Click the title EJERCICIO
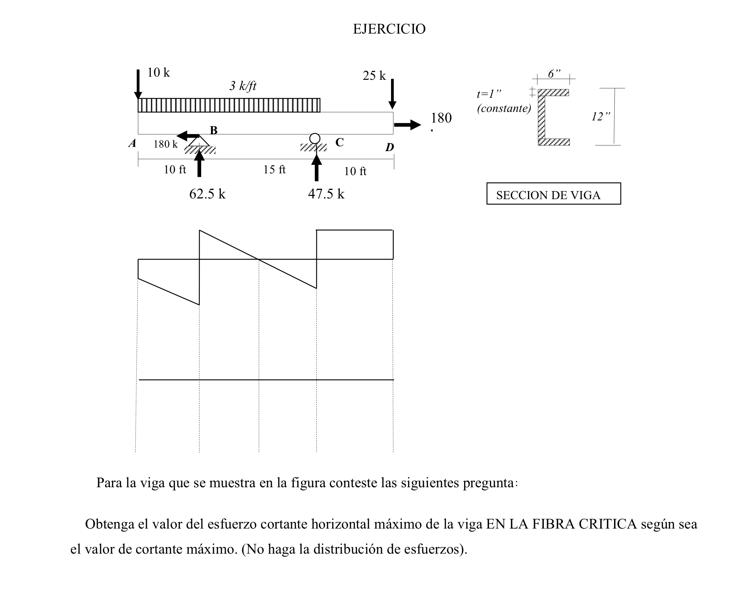click(x=389, y=29)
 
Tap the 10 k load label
click(x=158, y=73)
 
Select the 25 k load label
click(x=374, y=76)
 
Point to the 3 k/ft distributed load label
click(x=243, y=86)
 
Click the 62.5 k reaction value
click(x=207, y=194)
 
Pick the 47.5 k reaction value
click(x=326, y=194)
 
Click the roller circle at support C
click(x=315, y=138)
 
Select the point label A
click(x=132, y=143)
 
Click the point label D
click(x=389, y=147)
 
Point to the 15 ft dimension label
click(x=274, y=170)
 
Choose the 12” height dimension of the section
click(x=601, y=117)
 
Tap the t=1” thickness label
click(x=489, y=94)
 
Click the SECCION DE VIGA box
click(x=553, y=194)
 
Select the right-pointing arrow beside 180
click(x=407, y=125)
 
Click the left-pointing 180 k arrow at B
click(x=188, y=136)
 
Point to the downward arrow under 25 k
click(x=392, y=94)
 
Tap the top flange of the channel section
click(x=553, y=93)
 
